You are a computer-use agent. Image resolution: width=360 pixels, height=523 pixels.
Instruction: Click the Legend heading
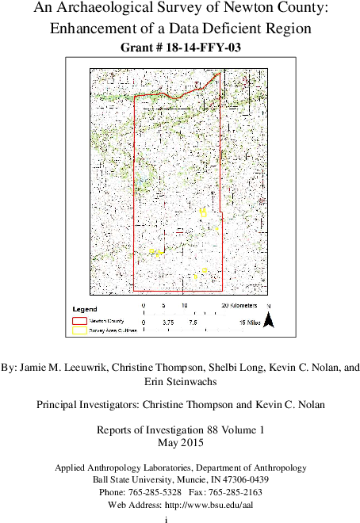click(x=85, y=308)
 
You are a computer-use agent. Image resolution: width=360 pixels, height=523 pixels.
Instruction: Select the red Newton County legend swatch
click(x=79, y=321)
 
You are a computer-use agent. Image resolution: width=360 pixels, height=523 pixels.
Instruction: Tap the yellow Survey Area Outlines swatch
click(x=79, y=330)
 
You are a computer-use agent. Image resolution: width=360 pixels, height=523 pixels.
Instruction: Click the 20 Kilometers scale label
click(x=239, y=305)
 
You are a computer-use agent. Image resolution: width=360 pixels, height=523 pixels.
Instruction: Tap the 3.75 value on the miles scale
click(x=168, y=323)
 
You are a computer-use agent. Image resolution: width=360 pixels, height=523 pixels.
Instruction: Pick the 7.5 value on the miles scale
click(x=192, y=323)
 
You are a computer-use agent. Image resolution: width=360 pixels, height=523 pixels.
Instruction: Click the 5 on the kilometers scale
click(x=163, y=305)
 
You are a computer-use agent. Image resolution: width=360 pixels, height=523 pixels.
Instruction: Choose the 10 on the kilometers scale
click(x=184, y=305)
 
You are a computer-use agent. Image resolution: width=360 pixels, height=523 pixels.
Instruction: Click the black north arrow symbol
click(x=269, y=320)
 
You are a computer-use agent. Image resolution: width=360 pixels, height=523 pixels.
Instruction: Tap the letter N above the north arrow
click(x=269, y=307)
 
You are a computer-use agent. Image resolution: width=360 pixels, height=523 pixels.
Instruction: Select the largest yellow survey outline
click(x=203, y=212)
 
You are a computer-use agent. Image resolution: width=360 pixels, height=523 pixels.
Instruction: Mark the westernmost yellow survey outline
click(x=151, y=251)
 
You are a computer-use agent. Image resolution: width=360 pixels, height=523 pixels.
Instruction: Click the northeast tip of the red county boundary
click(x=220, y=74)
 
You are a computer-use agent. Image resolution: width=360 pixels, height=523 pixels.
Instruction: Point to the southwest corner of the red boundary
click(x=134, y=291)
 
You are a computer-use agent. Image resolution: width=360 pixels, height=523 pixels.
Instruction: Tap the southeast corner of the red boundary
click(x=222, y=291)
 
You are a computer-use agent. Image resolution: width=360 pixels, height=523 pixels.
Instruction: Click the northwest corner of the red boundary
click(x=135, y=96)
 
